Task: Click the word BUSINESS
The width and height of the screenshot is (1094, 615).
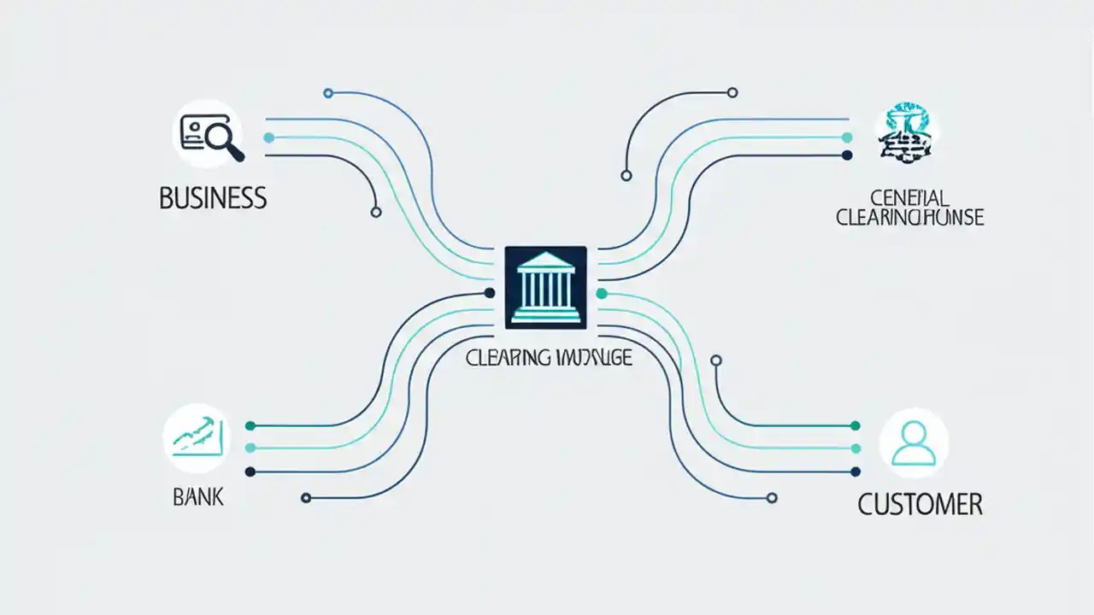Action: (x=213, y=198)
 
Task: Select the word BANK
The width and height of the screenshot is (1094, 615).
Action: (x=197, y=496)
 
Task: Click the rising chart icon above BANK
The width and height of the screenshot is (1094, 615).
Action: (x=197, y=438)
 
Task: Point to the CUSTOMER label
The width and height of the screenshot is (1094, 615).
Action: (x=920, y=504)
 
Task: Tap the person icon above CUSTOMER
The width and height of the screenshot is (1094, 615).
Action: (x=913, y=442)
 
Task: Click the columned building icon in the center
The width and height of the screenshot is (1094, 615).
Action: (x=545, y=287)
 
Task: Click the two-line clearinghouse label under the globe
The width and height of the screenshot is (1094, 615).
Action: (x=909, y=208)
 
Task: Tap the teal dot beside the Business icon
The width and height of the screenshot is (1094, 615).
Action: (x=269, y=138)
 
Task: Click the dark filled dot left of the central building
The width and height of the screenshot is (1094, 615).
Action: (x=490, y=293)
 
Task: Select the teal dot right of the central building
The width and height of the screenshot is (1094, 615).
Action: (x=601, y=293)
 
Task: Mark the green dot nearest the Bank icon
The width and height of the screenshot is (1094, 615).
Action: (x=250, y=425)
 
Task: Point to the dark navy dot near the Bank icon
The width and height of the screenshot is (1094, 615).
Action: (x=250, y=471)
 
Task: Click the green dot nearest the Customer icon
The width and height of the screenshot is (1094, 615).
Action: (x=856, y=425)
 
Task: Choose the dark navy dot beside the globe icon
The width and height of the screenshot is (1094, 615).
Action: (x=847, y=155)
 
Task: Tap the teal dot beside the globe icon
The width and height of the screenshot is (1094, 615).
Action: (x=847, y=137)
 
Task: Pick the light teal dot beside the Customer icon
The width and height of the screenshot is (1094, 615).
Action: (x=856, y=448)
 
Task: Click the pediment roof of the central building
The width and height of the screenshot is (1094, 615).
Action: (x=545, y=260)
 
